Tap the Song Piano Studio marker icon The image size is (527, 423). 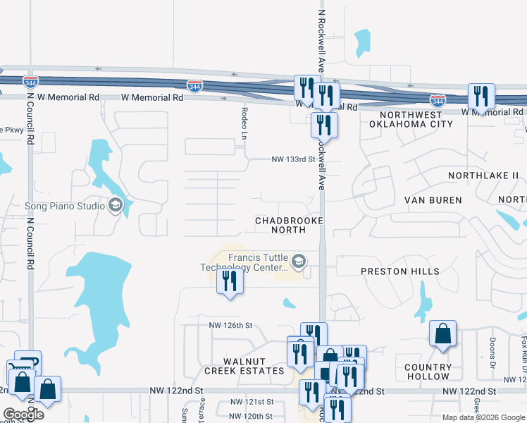[x=116, y=206]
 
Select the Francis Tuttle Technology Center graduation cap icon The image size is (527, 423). [x=299, y=262]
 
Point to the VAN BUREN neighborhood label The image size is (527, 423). [x=433, y=200]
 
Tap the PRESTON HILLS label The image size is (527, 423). [x=399, y=271]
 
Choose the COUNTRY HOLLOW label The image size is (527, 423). [x=428, y=372]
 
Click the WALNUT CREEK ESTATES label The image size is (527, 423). [x=244, y=366]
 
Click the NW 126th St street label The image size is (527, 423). [x=230, y=325]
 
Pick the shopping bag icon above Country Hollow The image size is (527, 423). [x=442, y=335]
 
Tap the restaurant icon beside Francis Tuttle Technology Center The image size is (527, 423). [x=230, y=281]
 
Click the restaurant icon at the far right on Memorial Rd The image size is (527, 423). [x=481, y=97]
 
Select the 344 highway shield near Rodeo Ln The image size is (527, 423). [x=195, y=86]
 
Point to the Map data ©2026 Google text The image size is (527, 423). [x=483, y=417]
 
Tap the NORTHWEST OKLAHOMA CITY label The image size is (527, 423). [x=416, y=119]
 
